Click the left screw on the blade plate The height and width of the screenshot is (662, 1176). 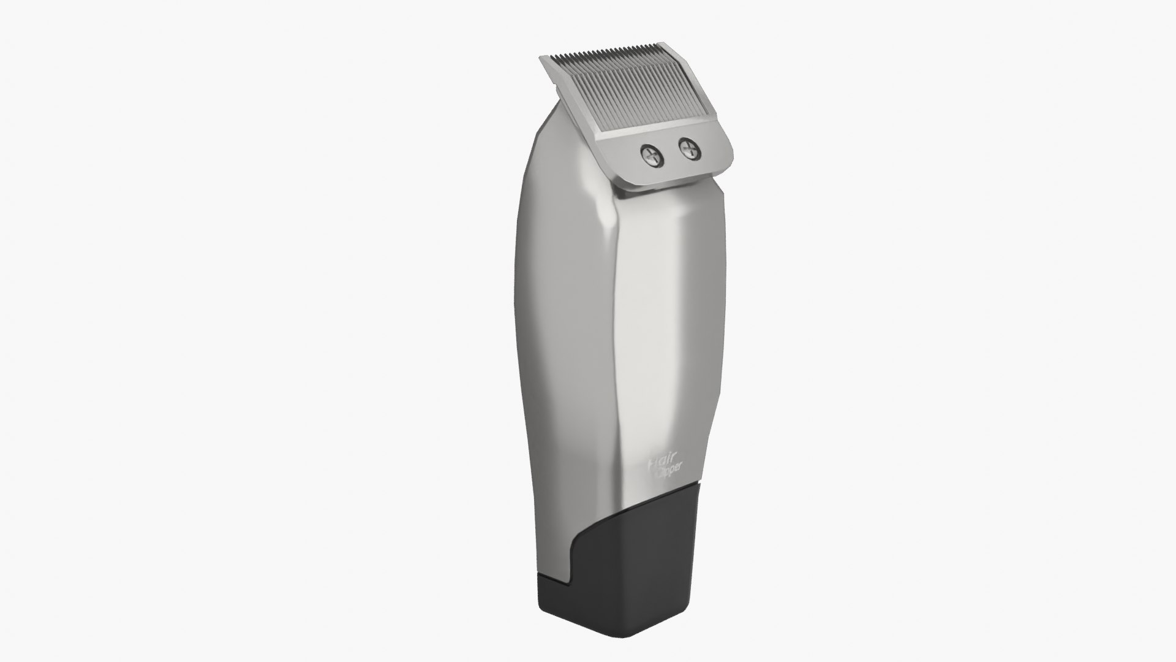[653, 154]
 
